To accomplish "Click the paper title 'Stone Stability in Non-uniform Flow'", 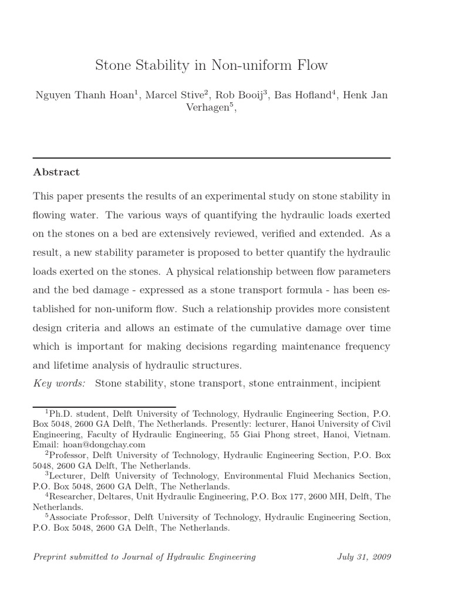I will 211,65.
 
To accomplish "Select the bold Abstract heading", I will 56,172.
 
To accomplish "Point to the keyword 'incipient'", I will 359,383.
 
